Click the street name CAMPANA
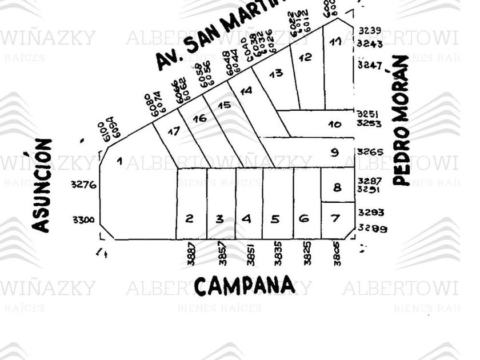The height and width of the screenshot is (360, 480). (x=245, y=285)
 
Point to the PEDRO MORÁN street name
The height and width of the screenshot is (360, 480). (x=402, y=120)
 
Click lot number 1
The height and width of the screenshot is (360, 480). (x=119, y=161)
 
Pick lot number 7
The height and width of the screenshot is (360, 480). (x=335, y=218)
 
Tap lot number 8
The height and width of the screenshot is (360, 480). (x=337, y=187)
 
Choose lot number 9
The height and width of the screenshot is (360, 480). (x=335, y=153)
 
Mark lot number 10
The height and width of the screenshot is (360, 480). (x=335, y=124)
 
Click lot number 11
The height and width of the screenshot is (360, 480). (x=336, y=41)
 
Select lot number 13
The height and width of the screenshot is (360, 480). (x=276, y=73)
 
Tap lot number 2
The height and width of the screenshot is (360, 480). (x=190, y=218)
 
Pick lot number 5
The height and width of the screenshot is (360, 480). (x=275, y=218)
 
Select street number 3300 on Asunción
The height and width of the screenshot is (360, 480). (x=83, y=219)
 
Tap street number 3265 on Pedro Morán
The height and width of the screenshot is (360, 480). (x=369, y=152)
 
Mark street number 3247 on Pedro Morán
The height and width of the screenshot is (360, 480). (x=369, y=65)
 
